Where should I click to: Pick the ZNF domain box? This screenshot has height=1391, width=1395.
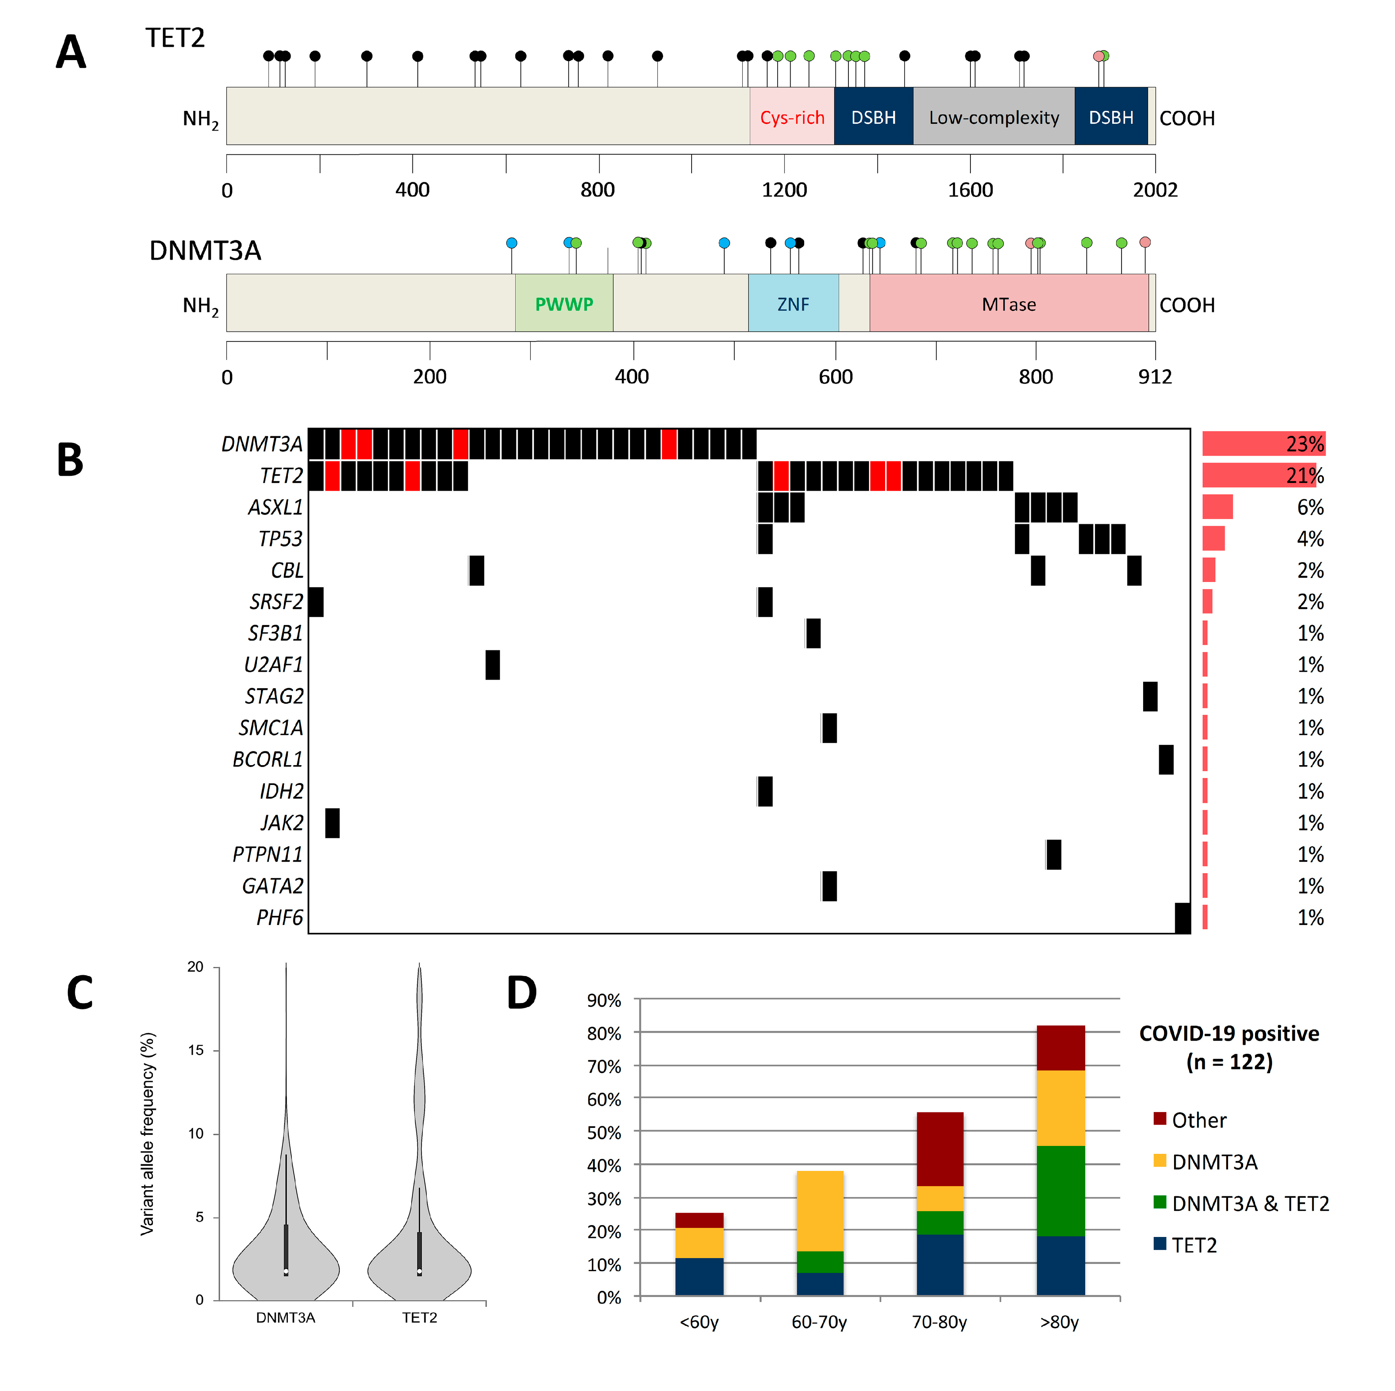pyautogui.click(x=793, y=304)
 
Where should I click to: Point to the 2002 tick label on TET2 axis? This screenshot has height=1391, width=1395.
pyautogui.click(x=1155, y=190)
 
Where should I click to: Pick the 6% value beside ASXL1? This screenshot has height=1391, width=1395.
pyautogui.click(x=1310, y=507)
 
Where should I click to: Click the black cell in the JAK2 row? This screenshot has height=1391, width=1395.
pyautogui.click(x=332, y=823)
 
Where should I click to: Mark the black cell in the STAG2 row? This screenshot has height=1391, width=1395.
pyautogui.click(x=1150, y=696)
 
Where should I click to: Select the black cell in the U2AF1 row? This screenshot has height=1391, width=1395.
pyautogui.click(x=493, y=664)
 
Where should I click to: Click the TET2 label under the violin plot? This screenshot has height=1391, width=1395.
pyautogui.click(x=420, y=1317)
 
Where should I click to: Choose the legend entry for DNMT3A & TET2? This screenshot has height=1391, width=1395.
pyautogui.click(x=1250, y=1203)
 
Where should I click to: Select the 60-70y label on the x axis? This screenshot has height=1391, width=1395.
pyautogui.click(x=819, y=1322)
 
